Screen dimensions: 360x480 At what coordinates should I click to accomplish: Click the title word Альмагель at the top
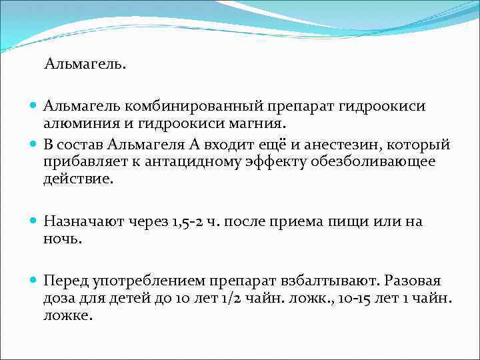coord(85,65)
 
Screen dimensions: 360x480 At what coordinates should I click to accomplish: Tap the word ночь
coord(62,239)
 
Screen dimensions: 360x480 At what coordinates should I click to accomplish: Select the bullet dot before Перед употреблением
coord(34,282)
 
